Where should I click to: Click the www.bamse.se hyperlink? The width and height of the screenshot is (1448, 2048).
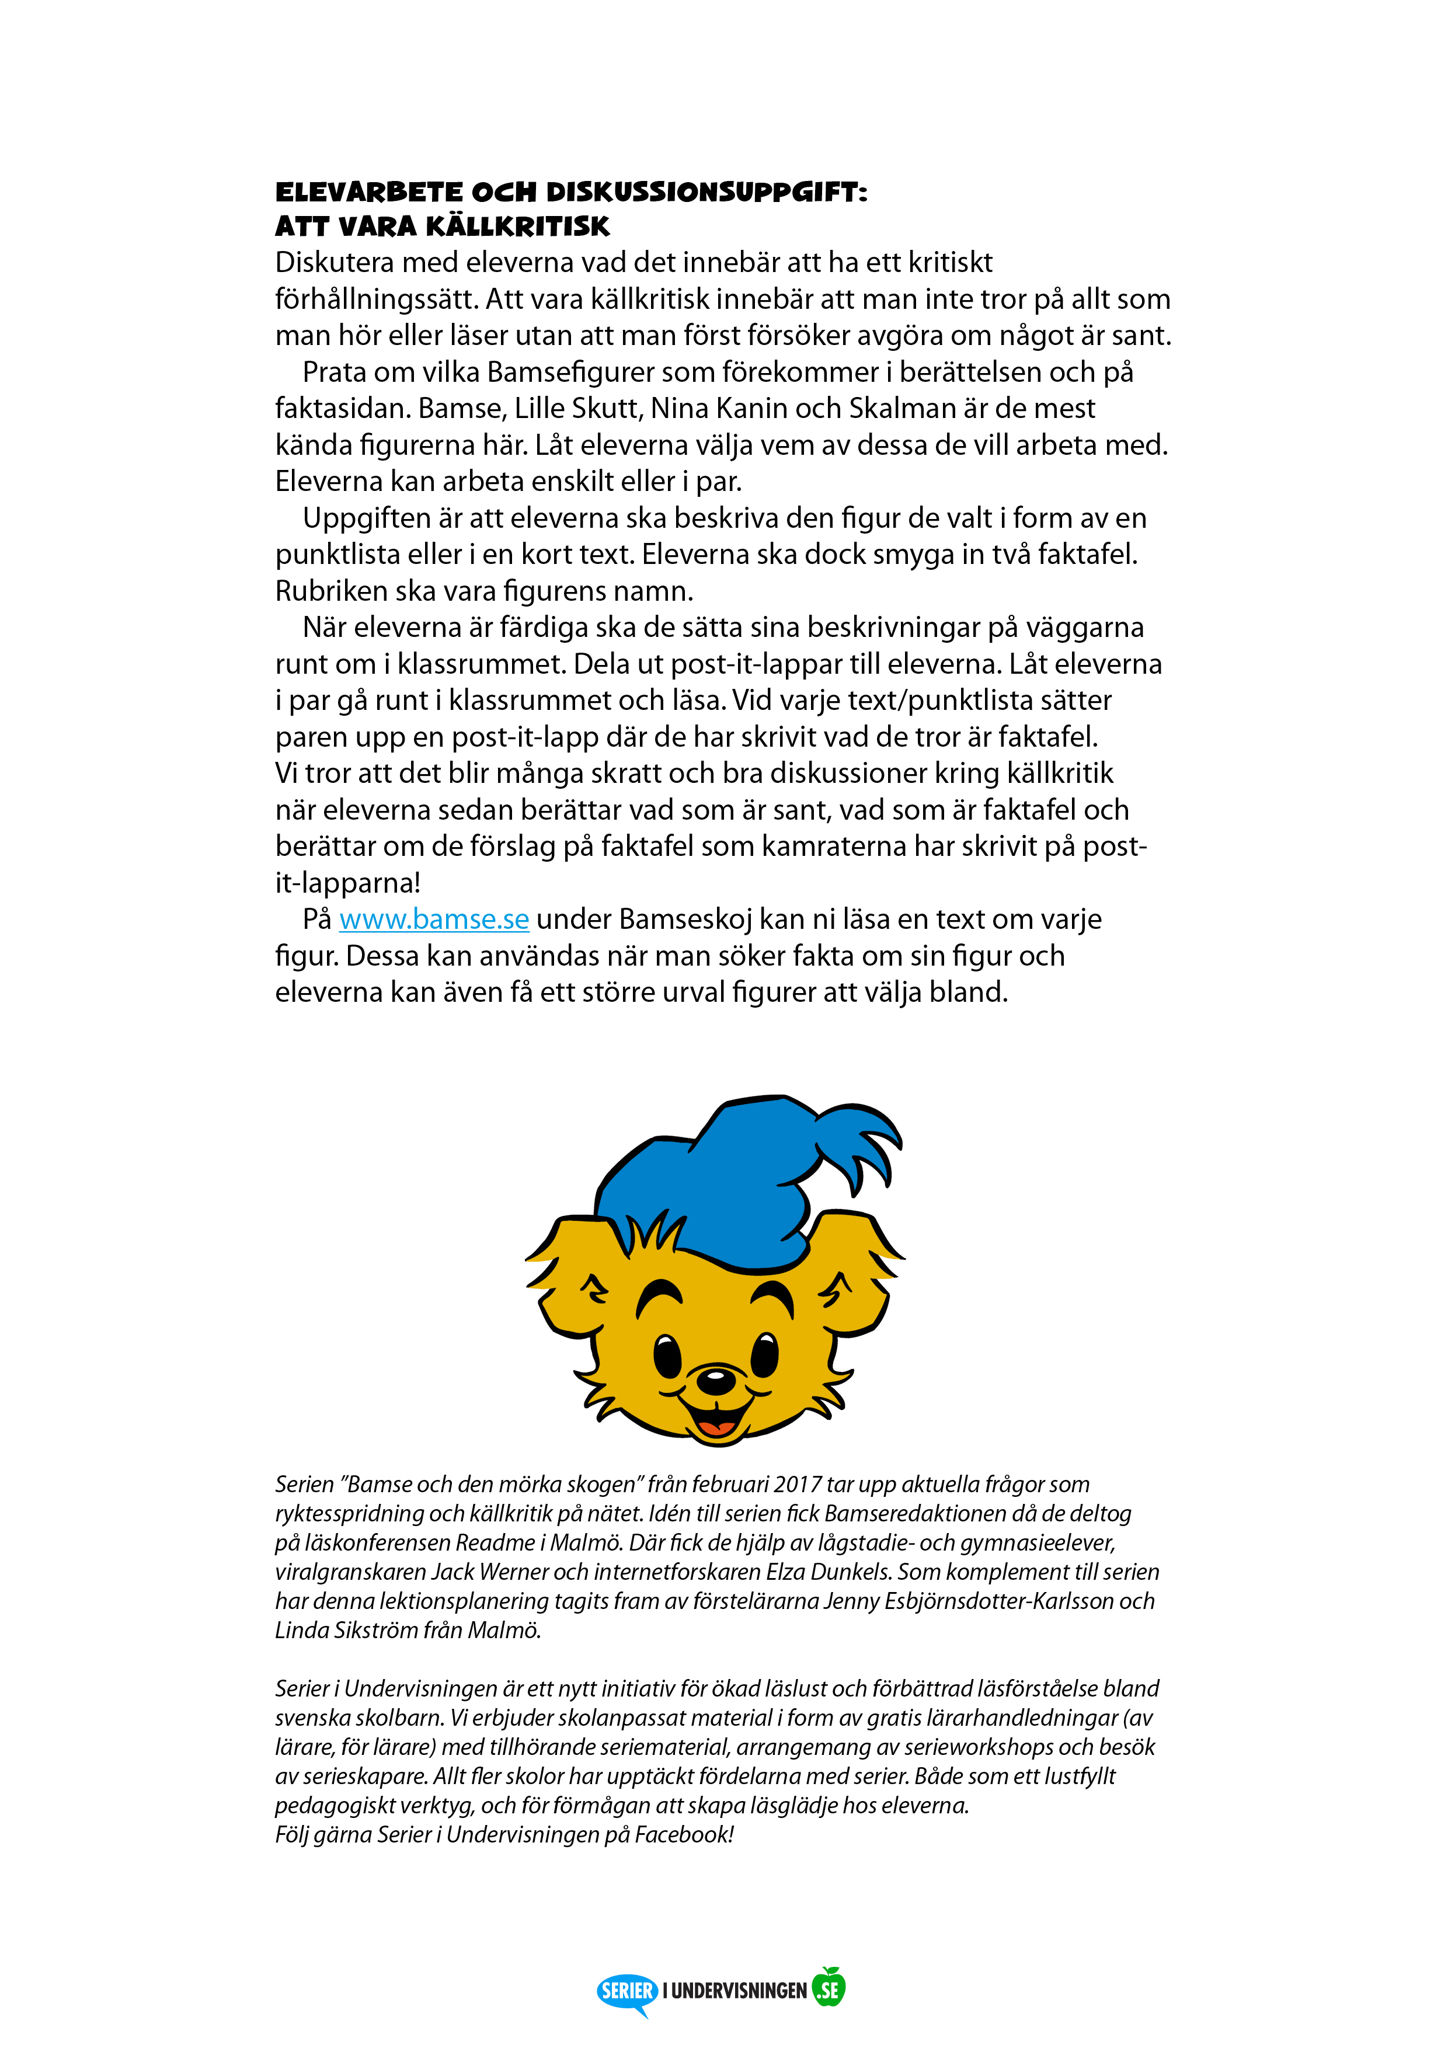click(434, 919)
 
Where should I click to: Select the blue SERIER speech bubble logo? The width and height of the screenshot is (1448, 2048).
click(627, 1991)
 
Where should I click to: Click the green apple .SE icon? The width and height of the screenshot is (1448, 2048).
click(830, 1988)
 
